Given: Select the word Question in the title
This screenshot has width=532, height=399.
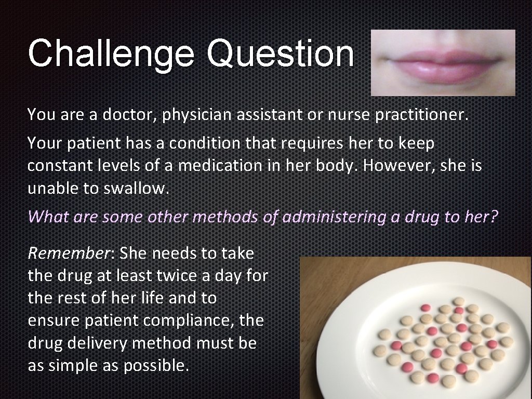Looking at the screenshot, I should point(280,54).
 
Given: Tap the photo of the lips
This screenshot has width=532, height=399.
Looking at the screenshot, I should point(443,62).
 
